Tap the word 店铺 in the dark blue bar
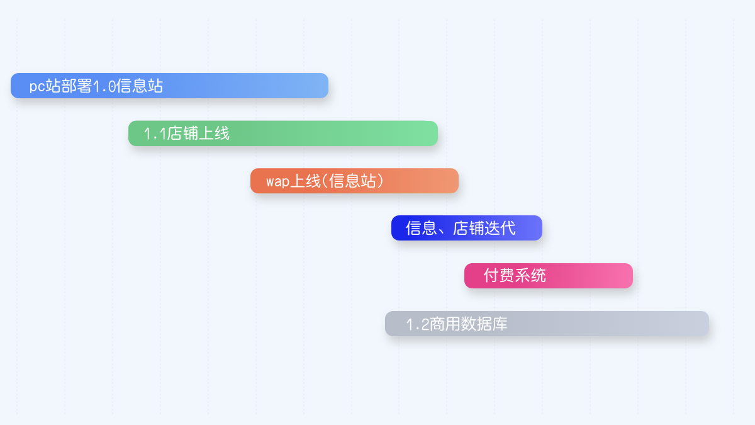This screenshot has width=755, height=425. pyautogui.click(x=469, y=228)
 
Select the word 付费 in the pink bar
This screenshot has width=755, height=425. pyautogui.click(x=499, y=276)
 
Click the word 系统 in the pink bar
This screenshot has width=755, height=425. pyautogui.click(x=530, y=276)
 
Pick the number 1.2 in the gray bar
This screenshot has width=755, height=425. pyautogui.click(x=417, y=324)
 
